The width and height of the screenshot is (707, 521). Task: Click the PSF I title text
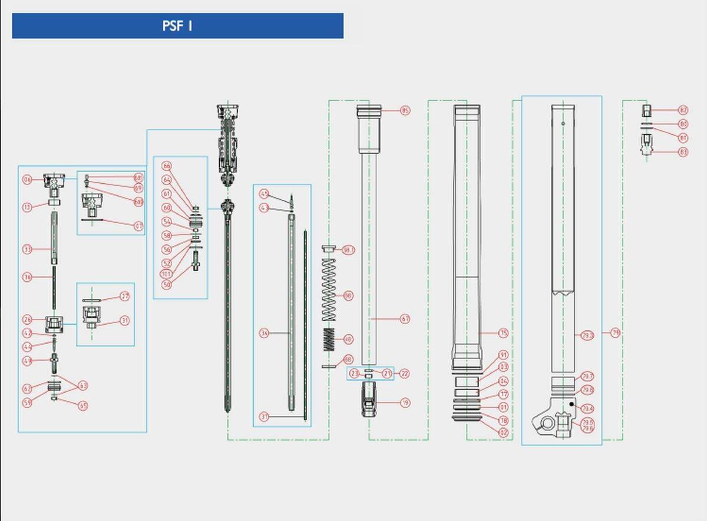177,27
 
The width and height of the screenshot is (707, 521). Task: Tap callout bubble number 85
405,110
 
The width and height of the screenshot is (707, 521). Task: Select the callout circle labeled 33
27,249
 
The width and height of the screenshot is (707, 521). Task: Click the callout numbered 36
27,277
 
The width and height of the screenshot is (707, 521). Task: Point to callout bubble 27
124,296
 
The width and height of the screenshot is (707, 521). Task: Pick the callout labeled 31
124,321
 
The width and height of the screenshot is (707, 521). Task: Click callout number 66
167,167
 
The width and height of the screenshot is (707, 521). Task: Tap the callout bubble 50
167,285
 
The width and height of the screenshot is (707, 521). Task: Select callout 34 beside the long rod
265,334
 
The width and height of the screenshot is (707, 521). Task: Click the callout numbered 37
265,417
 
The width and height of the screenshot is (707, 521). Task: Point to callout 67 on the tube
405,319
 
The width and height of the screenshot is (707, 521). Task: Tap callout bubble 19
405,403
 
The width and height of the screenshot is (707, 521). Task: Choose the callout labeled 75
503,334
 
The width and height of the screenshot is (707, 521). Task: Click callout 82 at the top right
683,110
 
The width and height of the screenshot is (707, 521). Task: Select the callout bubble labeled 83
683,152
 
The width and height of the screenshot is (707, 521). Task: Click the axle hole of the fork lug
548,424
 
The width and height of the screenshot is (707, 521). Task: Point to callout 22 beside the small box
404,374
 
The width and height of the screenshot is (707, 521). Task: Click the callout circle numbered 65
83,405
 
